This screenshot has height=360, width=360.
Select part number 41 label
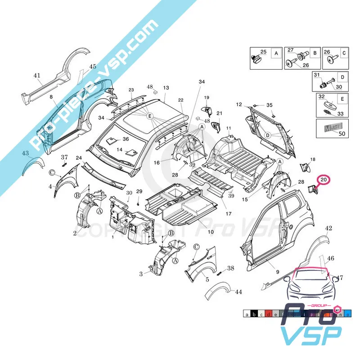tap(37, 76)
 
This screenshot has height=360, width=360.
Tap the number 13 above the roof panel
tap(166, 88)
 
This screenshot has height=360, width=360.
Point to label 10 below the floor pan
tap(211, 232)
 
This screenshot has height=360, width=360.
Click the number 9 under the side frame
tap(278, 272)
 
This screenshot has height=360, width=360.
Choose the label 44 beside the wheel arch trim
tap(238, 292)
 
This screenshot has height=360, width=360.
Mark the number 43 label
tap(26, 153)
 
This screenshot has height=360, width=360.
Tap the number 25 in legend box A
tap(263, 52)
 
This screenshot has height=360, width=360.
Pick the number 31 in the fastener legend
tap(316, 75)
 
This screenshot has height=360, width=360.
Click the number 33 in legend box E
tap(340, 113)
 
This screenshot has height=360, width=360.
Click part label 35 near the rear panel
tap(270, 105)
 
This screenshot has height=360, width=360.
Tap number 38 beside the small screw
tap(231, 268)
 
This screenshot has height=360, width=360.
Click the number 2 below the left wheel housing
tap(75, 233)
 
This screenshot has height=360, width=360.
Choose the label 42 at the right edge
tap(328, 229)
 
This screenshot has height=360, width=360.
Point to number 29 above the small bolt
tap(139, 192)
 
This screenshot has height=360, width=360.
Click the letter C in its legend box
tap(344, 53)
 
